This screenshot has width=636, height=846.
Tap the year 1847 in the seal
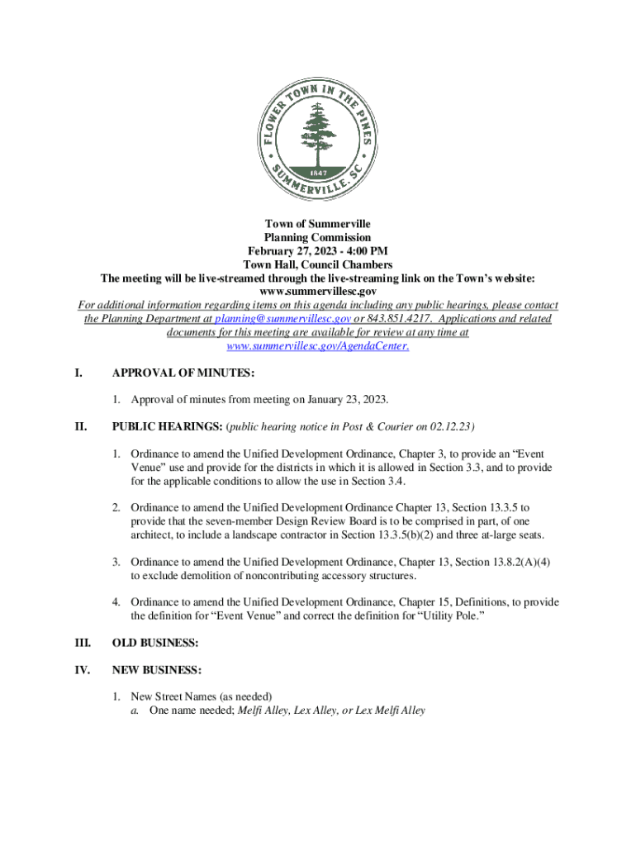tap(317, 173)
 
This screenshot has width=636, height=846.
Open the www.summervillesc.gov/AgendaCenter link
tap(317, 346)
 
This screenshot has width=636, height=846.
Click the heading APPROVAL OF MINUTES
tap(171, 373)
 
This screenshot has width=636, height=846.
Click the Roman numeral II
tap(80, 426)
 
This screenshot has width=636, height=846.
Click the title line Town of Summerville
tap(317, 225)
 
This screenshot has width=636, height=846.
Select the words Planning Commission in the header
tap(317, 238)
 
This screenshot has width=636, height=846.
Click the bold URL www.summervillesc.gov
tap(318, 292)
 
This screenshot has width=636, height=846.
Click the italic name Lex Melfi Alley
tap(390, 710)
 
